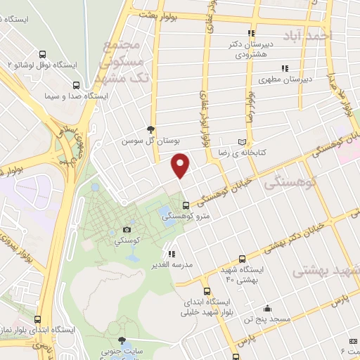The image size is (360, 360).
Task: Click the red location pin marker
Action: coord(181,166)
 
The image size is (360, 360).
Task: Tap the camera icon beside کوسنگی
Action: coord(127,229)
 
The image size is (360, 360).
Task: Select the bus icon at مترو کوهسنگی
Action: coord(185,205)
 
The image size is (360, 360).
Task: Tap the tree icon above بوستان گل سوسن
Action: coord(150,129)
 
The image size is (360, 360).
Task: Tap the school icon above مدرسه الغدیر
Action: coord(172,253)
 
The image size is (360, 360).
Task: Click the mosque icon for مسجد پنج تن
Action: coord(266,309)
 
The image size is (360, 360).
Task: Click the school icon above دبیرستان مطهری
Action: coord(284,68)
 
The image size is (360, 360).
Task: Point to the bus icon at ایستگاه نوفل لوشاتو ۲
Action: coord(43,53)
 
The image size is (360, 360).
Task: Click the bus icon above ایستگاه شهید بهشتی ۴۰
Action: coord(243,259)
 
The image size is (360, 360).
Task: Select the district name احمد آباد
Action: coord(309,34)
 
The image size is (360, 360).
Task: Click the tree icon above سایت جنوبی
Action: coord(122,340)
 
